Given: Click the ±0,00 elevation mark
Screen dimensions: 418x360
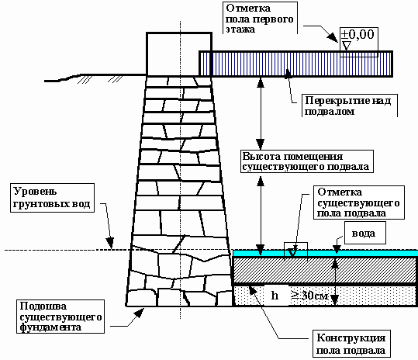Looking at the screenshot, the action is click(358, 35).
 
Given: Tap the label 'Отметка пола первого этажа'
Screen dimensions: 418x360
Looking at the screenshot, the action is click(260, 19).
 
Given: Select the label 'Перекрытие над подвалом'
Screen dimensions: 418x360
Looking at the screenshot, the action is click(348, 106).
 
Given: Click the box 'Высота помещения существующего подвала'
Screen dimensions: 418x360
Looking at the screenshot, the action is click(307, 161).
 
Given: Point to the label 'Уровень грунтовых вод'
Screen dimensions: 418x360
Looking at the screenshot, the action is click(52, 198).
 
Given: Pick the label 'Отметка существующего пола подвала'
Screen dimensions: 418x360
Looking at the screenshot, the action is click(358, 202).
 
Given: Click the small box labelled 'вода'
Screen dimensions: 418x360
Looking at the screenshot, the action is click(365, 233).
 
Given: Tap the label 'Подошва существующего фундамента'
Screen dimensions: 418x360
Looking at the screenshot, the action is click(60, 317).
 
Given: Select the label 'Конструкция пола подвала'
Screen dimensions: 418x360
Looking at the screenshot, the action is click(351, 344).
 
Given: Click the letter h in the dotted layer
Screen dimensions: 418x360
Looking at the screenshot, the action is click(275, 296).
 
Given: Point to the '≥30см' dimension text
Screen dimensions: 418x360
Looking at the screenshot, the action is click(309, 295).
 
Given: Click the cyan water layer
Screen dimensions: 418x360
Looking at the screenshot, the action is click(325, 253).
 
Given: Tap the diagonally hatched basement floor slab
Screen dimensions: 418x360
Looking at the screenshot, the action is click(325, 270).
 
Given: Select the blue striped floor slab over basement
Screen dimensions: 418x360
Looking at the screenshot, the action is click(296, 64).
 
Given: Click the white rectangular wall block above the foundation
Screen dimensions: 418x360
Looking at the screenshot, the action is click(179, 54).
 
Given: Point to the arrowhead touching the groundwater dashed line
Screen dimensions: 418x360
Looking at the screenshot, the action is click(110, 243).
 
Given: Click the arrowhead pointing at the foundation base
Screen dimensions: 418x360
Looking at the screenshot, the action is click(139, 313).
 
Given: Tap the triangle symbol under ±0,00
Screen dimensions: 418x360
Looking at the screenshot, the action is click(346, 46).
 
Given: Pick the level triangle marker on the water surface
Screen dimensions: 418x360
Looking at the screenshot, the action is click(292, 251).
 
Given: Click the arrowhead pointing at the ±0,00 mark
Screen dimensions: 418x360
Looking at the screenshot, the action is click(333, 36).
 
